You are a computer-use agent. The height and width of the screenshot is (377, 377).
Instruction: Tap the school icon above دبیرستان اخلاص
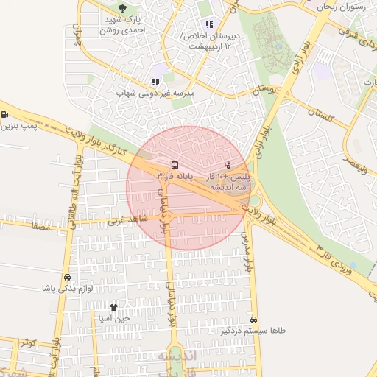[x=209, y=24]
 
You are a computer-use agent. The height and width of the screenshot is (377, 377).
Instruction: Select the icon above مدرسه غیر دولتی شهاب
[x=155, y=82]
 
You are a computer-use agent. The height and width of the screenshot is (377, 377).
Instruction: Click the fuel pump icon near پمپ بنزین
[x=5, y=115]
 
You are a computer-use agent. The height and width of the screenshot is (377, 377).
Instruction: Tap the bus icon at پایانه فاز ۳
[x=175, y=165]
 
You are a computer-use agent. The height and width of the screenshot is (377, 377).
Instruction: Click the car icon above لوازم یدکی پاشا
[x=68, y=277]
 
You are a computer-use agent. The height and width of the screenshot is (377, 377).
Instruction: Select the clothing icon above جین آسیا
[x=113, y=307]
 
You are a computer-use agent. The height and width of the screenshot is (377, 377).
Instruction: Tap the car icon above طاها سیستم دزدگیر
[x=254, y=320]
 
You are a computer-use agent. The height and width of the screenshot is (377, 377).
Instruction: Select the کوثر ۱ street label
[x=24, y=343]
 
